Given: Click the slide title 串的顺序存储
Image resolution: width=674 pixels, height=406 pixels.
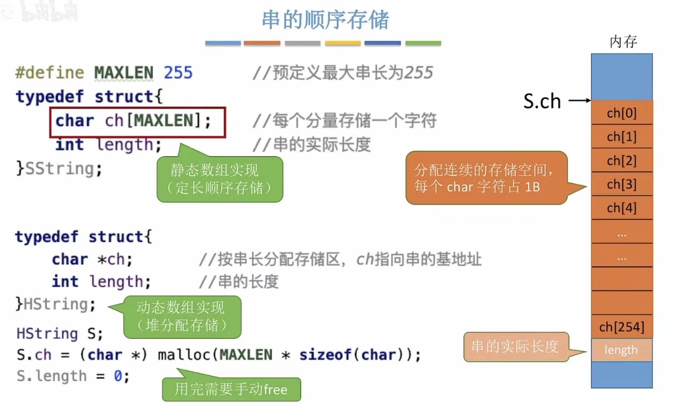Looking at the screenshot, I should (x=325, y=20).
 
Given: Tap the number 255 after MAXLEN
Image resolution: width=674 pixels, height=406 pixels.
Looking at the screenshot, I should (x=178, y=73).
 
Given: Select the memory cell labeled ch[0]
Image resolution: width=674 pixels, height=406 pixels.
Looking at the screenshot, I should (x=622, y=113).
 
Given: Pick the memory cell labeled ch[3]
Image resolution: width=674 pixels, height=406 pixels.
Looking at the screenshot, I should (x=622, y=184).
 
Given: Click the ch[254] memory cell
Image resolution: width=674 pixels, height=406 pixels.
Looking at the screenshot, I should (x=622, y=327).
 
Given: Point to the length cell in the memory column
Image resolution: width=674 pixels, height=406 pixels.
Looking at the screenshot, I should (x=621, y=350).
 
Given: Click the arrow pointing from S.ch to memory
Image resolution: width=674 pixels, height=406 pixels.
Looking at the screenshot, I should (x=579, y=100).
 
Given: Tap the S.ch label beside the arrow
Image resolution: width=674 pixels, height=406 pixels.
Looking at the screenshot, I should (x=542, y=101).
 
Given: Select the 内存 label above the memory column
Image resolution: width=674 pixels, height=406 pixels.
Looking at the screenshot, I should (x=623, y=42).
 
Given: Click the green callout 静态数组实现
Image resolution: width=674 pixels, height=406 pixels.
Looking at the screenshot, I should (x=219, y=179).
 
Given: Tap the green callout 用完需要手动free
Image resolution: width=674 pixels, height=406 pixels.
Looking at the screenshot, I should (x=231, y=389).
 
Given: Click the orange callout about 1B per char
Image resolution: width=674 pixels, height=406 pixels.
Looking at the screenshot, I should (x=486, y=178).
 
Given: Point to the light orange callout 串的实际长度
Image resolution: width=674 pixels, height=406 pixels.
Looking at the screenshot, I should (x=516, y=347).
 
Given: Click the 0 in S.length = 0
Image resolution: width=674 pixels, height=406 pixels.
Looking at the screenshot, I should (x=118, y=376).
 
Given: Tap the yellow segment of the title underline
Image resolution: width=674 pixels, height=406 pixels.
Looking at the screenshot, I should (x=343, y=43).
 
